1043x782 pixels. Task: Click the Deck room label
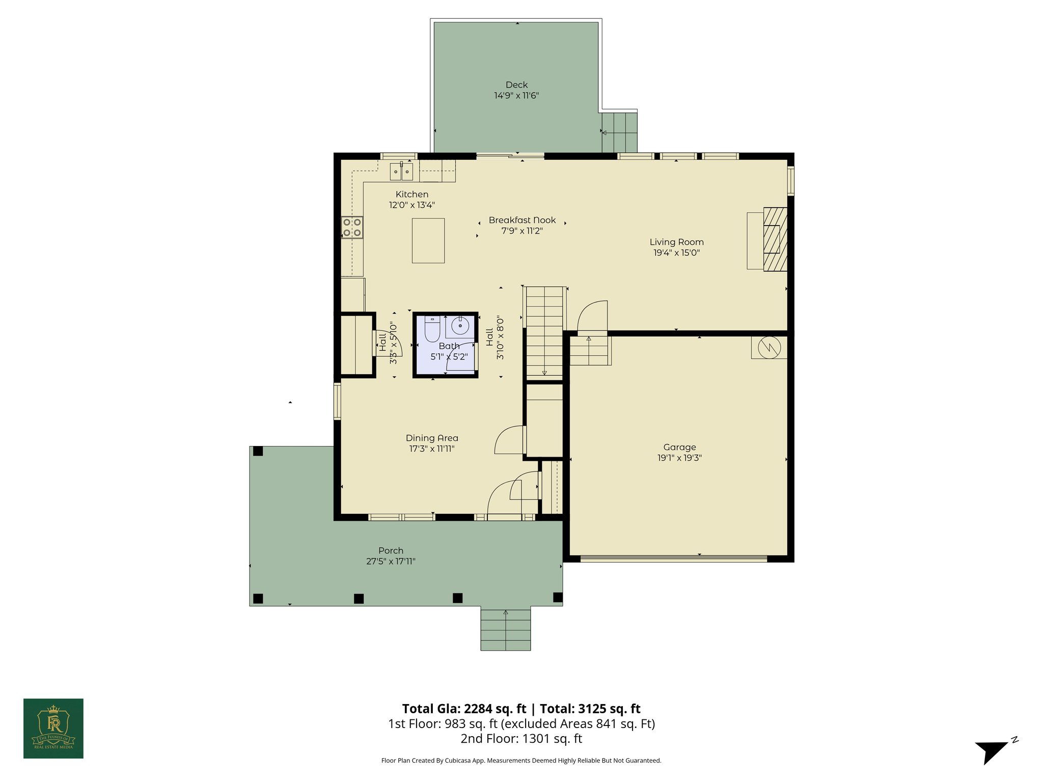tap(516, 85)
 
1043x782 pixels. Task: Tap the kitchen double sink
tap(402, 172)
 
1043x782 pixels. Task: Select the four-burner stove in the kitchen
tap(352, 227)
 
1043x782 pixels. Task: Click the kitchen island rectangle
tap(428, 240)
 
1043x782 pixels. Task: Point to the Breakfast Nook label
tap(522, 220)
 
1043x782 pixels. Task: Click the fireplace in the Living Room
tap(774, 239)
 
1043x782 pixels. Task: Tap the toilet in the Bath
tap(432, 330)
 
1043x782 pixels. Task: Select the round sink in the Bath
tap(460, 326)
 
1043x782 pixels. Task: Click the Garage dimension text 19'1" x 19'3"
tap(679, 458)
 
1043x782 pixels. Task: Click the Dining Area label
tap(432, 438)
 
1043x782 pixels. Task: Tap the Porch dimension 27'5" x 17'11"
tap(391, 562)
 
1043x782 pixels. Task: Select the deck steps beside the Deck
tap(619, 132)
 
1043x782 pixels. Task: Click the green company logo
tap(53, 728)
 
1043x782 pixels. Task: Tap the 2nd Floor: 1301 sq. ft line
tap(521, 738)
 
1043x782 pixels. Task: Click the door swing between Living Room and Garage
tap(593, 317)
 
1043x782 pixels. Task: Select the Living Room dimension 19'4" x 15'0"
tap(676, 253)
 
